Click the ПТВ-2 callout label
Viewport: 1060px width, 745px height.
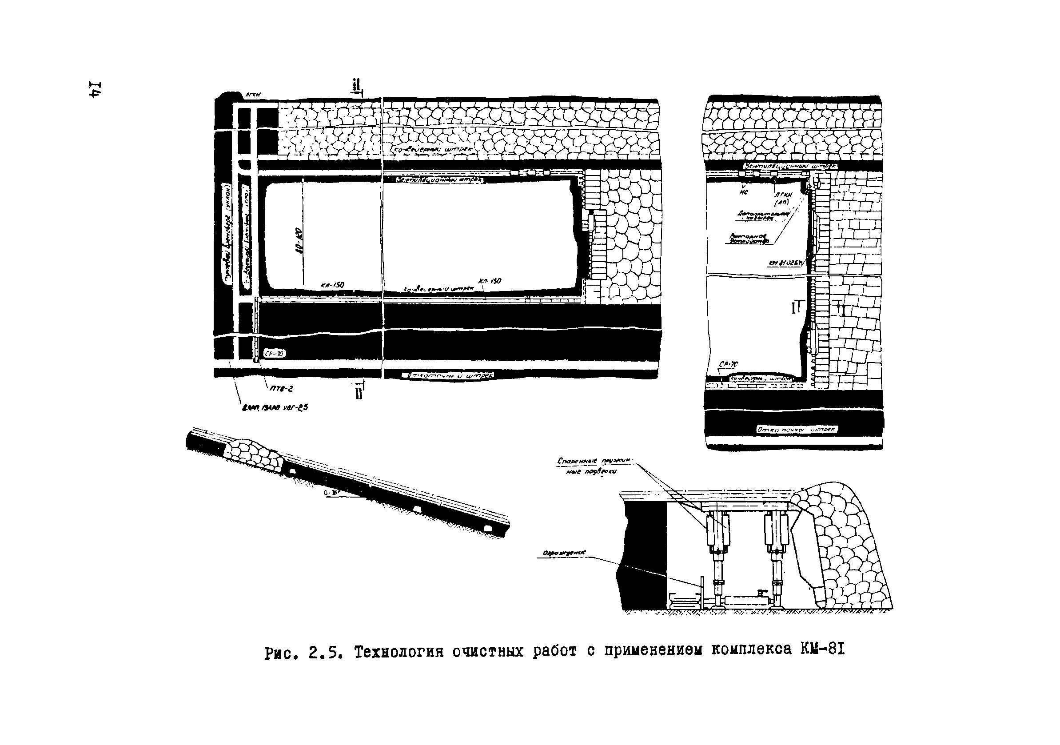[x=281, y=389]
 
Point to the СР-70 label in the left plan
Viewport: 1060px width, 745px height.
[x=274, y=354]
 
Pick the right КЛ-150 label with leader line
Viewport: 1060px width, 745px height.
[x=490, y=281]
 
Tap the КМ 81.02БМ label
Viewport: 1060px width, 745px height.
[x=786, y=263]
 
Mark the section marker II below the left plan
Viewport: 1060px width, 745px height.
[x=359, y=392]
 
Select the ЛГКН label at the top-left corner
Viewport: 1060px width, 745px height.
[x=252, y=94]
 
